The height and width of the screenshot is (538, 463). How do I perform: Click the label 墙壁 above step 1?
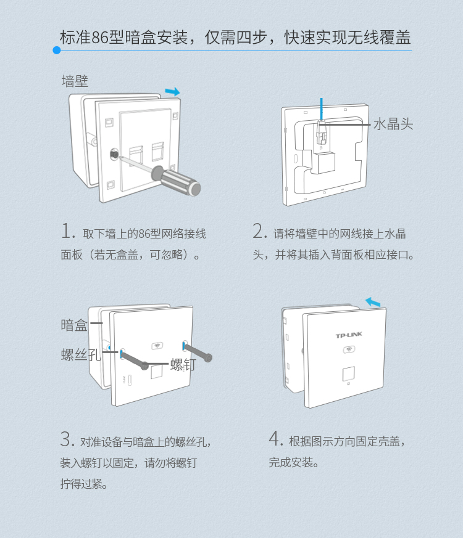tap(75, 81)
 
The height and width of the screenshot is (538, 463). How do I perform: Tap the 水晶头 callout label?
tap(393, 124)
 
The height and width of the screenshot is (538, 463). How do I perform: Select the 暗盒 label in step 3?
tap(74, 325)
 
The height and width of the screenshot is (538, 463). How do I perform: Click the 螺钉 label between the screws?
tap(183, 364)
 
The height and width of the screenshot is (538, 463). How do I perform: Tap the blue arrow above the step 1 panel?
tap(173, 92)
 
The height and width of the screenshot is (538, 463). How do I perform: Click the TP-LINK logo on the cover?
tap(349, 336)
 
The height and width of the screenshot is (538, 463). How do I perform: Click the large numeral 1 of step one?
tap(67, 232)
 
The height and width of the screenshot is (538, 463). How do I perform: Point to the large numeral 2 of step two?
tap(259, 232)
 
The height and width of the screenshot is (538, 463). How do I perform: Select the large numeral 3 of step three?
tap(67, 440)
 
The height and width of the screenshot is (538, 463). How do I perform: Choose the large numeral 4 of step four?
tap(275, 439)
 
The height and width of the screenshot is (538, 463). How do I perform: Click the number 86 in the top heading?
tap(100, 38)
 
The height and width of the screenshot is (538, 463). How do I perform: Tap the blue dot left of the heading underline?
tap(57, 51)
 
